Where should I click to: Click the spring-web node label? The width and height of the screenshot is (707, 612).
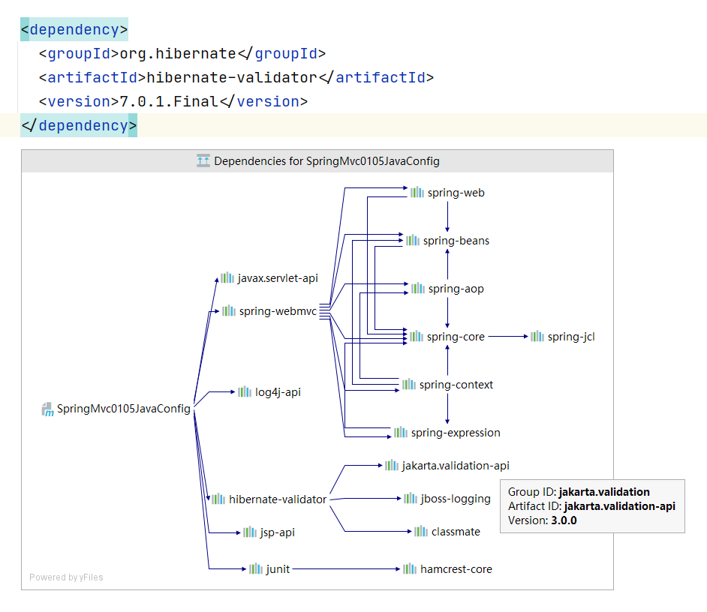point(456,193)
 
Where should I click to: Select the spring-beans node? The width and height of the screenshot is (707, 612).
point(456,241)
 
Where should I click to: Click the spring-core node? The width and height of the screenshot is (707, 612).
point(455,337)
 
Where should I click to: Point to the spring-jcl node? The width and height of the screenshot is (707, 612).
point(570,337)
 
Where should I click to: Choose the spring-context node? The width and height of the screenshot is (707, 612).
point(456,385)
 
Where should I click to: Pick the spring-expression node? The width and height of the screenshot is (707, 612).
point(455,433)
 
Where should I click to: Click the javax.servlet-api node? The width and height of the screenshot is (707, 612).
point(277,278)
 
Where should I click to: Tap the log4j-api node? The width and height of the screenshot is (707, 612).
point(277,392)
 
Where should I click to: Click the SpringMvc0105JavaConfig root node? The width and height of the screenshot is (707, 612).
point(123,409)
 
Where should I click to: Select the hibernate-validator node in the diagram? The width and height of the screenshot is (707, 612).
point(277,499)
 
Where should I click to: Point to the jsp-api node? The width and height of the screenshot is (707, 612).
point(277,532)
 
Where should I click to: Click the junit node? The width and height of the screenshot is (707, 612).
point(277,569)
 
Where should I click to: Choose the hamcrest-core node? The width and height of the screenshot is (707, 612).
point(456,569)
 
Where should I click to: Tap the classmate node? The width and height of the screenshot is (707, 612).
point(455,532)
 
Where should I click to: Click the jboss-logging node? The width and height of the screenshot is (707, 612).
point(455,499)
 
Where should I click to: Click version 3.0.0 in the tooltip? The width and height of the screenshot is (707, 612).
point(564,520)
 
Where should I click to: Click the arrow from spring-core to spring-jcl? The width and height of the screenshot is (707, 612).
point(507,337)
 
